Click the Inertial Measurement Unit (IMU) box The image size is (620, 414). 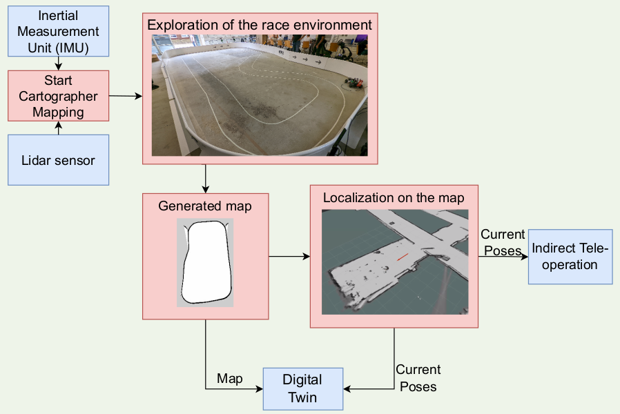[59, 32]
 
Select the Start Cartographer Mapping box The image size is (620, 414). [59, 96]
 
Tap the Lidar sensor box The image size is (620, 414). [59, 160]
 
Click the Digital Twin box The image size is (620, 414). [303, 388]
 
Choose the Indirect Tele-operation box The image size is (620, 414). [570, 257]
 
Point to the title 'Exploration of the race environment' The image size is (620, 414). [260, 25]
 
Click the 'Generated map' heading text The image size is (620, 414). [205, 206]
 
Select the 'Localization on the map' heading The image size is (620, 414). [394, 198]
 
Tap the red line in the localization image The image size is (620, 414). [403, 257]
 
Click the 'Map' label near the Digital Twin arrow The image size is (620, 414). [230, 379]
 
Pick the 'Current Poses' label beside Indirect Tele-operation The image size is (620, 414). [503, 242]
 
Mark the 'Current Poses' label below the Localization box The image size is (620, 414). [418, 378]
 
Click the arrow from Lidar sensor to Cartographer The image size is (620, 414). [59, 128]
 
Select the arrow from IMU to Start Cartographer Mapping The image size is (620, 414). [59, 63]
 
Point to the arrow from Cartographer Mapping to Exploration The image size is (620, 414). [126, 95]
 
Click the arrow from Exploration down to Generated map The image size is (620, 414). [205, 179]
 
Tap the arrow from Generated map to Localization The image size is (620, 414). [289, 257]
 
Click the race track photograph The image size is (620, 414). [260, 95]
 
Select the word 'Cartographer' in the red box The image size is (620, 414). [59, 96]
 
